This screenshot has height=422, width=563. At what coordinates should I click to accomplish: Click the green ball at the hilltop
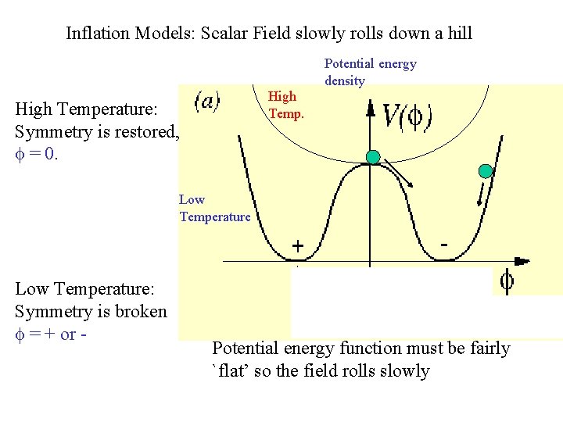pos(373,157)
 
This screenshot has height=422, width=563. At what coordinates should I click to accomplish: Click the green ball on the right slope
pos(486,171)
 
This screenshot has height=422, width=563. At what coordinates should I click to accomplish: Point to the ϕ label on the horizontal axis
pos(507,281)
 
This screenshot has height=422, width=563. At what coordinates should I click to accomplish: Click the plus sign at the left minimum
pos(298,246)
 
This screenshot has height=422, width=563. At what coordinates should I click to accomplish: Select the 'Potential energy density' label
pos(370,72)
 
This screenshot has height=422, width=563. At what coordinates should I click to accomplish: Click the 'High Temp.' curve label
pos(282,105)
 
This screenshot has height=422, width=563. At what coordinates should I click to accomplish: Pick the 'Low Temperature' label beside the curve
pos(214,208)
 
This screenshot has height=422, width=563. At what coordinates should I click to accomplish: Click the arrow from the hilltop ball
pos(396,173)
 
